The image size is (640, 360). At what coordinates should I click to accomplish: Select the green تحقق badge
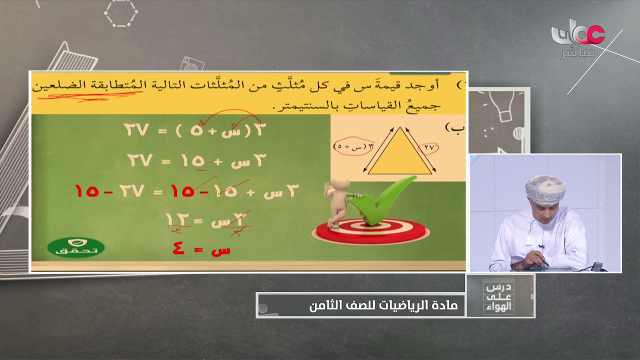[x=76, y=247]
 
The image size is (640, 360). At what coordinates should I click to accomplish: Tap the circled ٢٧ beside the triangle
[x=428, y=148]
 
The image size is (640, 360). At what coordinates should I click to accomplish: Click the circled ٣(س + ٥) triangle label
[x=353, y=146]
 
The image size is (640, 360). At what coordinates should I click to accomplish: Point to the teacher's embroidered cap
[x=545, y=188]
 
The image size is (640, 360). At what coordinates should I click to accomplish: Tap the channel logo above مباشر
[x=577, y=32]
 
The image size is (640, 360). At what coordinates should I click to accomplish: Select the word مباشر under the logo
[x=577, y=53]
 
